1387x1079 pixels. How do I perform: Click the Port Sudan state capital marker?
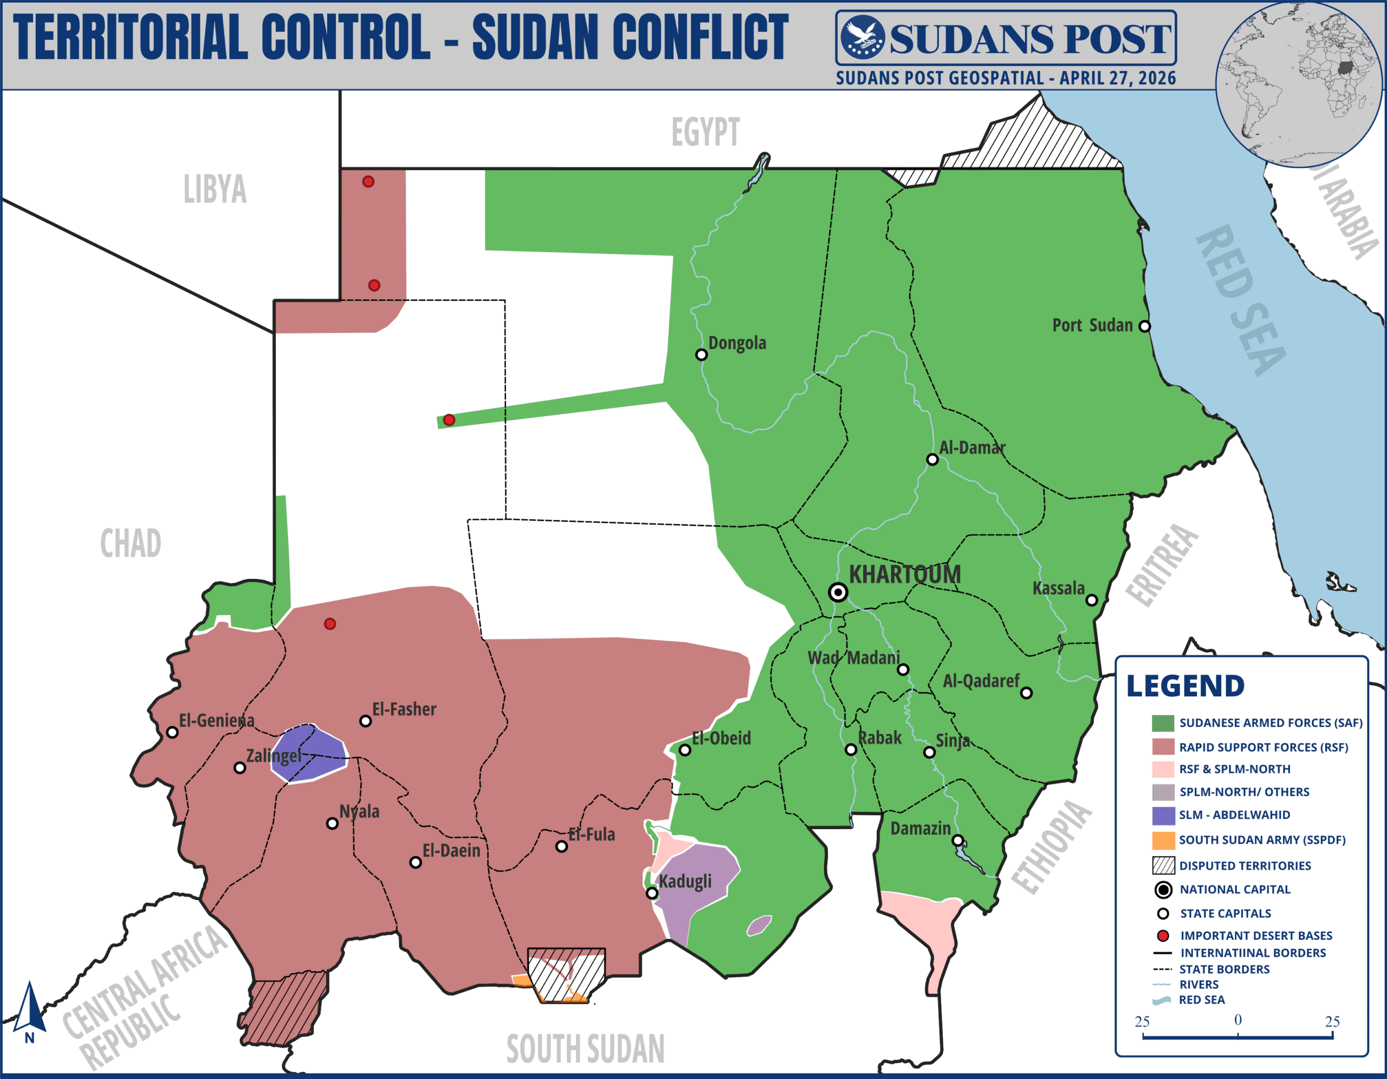pyautogui.click(x=1144, y=326)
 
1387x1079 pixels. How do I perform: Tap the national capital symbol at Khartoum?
pyautogui.click(x=838, y=592)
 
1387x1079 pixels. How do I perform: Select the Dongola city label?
pyautogui.click(x=737, y=343)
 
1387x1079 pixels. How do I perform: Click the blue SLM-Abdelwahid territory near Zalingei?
pyautogui.click(x=309, y=754)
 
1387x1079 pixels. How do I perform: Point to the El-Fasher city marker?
pyautogui.click(x=365, y=721)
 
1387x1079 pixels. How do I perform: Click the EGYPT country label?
pyautogui.click(x=705, y=132)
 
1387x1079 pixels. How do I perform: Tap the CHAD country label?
pyautogui.click(x=131, y=544)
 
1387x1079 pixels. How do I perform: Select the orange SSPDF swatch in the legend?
pyautogui.click(x=1163, y=840)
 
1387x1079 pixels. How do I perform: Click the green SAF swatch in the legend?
pyautogui.click(x=1163, y=723)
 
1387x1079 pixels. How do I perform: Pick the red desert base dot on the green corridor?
pyautogui.click(x=449, y=420)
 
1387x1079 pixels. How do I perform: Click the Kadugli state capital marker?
pyautogui.click(x=652, y=893)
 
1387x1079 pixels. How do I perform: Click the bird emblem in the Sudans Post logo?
pyautogui.click(x=863, y=37)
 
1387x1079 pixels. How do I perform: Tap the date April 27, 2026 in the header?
pyautogui.click(x=1117, y=78)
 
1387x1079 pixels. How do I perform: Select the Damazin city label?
pyautogui.click(x=920, y=828)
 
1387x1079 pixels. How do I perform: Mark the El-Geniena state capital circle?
pyautogui.click(x=172, y=732)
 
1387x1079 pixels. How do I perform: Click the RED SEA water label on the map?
pyautogui.click(x=1240, y=300)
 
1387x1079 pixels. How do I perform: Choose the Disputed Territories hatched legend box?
pyautogui.click(x=1163, y=865)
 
